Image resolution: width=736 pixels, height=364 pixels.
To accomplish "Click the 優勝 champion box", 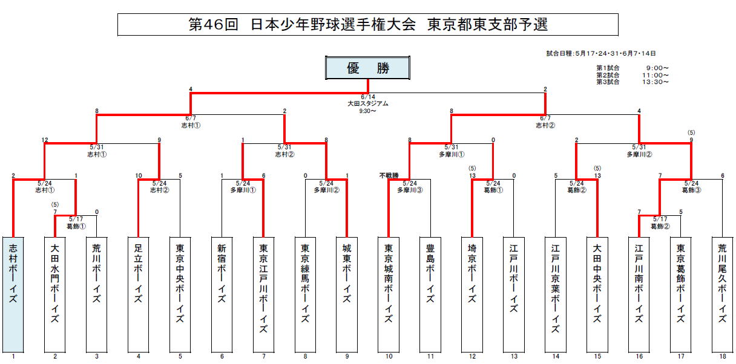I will click(x=368, y=68).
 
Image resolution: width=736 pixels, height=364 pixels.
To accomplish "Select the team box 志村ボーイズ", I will click(x=13, y=294).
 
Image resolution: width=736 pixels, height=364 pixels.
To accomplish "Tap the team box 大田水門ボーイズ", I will click(x=55, y=294).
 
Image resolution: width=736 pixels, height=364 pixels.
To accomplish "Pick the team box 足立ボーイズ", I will click(x=139, y=294).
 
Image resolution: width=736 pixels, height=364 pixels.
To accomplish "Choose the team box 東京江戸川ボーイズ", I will click(x=263, y=294).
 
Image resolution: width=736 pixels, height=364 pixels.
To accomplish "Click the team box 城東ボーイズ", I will click(x=347, y=294).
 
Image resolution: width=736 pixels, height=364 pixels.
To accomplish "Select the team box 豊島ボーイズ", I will click(x=430, y=294).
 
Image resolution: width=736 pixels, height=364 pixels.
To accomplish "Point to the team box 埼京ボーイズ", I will click(x=472, y=294).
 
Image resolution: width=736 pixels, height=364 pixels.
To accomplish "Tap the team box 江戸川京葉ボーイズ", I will click(x=556, y=294).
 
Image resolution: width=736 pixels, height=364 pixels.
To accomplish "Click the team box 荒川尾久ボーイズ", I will click(x=722, y=294).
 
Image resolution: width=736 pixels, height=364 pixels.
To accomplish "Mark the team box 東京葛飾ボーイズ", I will click(x=681, y=294).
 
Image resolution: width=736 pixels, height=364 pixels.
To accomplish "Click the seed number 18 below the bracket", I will click(x=722, y=357).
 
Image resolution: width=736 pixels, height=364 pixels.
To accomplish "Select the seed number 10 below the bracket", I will click(x=389, y=357).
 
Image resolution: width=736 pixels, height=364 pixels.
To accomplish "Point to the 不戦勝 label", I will click(x=389, y=176).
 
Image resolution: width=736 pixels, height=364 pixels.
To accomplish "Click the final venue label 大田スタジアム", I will click(x=368, y=103).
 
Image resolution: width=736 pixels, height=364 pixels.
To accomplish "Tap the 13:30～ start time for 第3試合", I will click(x=657, y=82).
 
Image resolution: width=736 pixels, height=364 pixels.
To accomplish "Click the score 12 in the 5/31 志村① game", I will click(x=45, y=140).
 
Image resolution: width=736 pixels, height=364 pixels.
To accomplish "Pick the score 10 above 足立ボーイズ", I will click(x=139, y=176).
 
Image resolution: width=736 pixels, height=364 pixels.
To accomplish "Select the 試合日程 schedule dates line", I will click(x=600, y=54).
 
